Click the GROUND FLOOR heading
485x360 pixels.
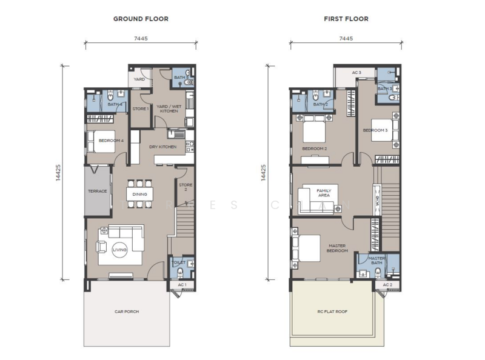pyautogui.click(x=141, y=19)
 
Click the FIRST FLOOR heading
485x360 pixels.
pyautogui.click(x=346, y=19)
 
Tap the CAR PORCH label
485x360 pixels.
pyautogui.click(x=127, y=312)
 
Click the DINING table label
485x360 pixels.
pyautogui.click(x=139, y=194)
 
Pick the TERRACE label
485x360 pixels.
pyautogui.click(x=98, y=191)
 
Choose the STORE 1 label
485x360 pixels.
pyautogui.click(x=140, y=109)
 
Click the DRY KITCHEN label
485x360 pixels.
pyautogui.click(x=163, y=147)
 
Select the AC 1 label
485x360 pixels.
pyautogui.click(x=182, y=284)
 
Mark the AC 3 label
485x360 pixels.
pyautogui.click(x=356, y=73)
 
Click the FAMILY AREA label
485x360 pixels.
pyautogui.click(x=324, y=193)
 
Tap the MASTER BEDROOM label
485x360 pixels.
pyautogui.click(x=336, y=248)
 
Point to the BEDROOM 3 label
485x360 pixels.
pyautogui.click(x=375, y=130)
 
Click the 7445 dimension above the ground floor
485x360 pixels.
pyautogui.click(x=140, y=38)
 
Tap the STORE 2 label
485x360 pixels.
pyautogui.click(x=185, y=187)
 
